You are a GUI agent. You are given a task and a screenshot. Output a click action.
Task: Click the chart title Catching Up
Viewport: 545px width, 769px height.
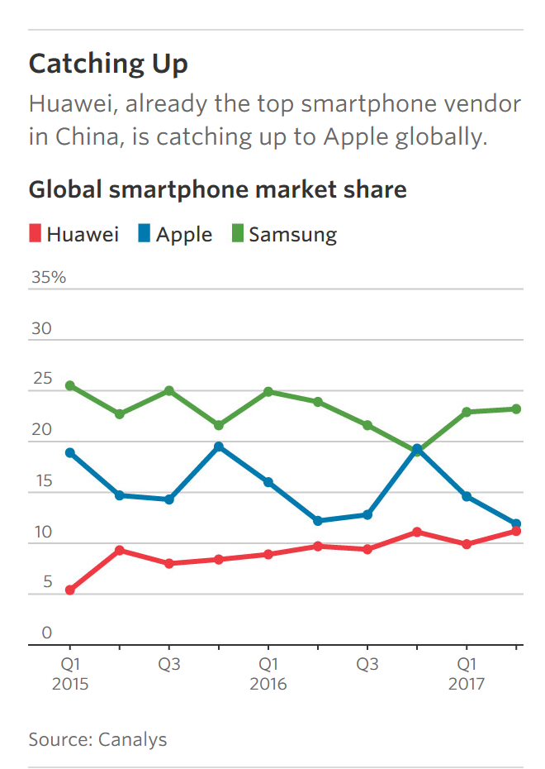click(108, 64)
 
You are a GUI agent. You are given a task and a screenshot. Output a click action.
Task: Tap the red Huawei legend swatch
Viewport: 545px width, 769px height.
click(35, 235)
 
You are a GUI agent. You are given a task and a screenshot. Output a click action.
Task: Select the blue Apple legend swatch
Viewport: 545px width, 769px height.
click(145, 235)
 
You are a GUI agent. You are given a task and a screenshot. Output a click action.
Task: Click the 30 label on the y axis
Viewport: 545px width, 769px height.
click(41, 329)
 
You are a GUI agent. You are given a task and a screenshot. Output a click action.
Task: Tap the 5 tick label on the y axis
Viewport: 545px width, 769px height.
click(37, 583)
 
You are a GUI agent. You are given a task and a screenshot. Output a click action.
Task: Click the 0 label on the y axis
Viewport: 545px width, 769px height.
click(37, 634)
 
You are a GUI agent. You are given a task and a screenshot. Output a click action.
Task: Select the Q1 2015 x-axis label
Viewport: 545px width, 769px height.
click(70, 674)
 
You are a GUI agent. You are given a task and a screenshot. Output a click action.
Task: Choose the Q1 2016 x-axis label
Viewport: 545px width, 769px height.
click(268, 674)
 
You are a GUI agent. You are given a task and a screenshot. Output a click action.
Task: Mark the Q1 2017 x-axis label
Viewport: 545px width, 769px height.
click(467, 674)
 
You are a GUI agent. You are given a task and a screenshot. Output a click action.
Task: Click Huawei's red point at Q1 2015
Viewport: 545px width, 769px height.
click(70, 590)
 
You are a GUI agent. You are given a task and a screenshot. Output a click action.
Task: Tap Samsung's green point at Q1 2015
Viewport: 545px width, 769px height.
click(70, 386)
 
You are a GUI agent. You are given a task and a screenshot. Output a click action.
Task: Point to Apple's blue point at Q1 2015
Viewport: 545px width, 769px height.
click(70, 453)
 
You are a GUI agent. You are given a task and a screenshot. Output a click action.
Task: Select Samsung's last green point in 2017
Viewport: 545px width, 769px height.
click(516, 409)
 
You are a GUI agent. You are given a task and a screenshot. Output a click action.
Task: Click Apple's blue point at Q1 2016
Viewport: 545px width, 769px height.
click(268, 482)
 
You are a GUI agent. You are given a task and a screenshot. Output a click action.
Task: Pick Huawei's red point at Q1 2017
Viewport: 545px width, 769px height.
click(467, 544)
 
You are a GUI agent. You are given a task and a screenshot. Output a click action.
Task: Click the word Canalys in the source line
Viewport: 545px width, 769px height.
click(132, 739)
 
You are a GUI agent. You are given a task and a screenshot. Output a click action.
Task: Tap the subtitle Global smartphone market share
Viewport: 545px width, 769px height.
click(218, 189)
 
